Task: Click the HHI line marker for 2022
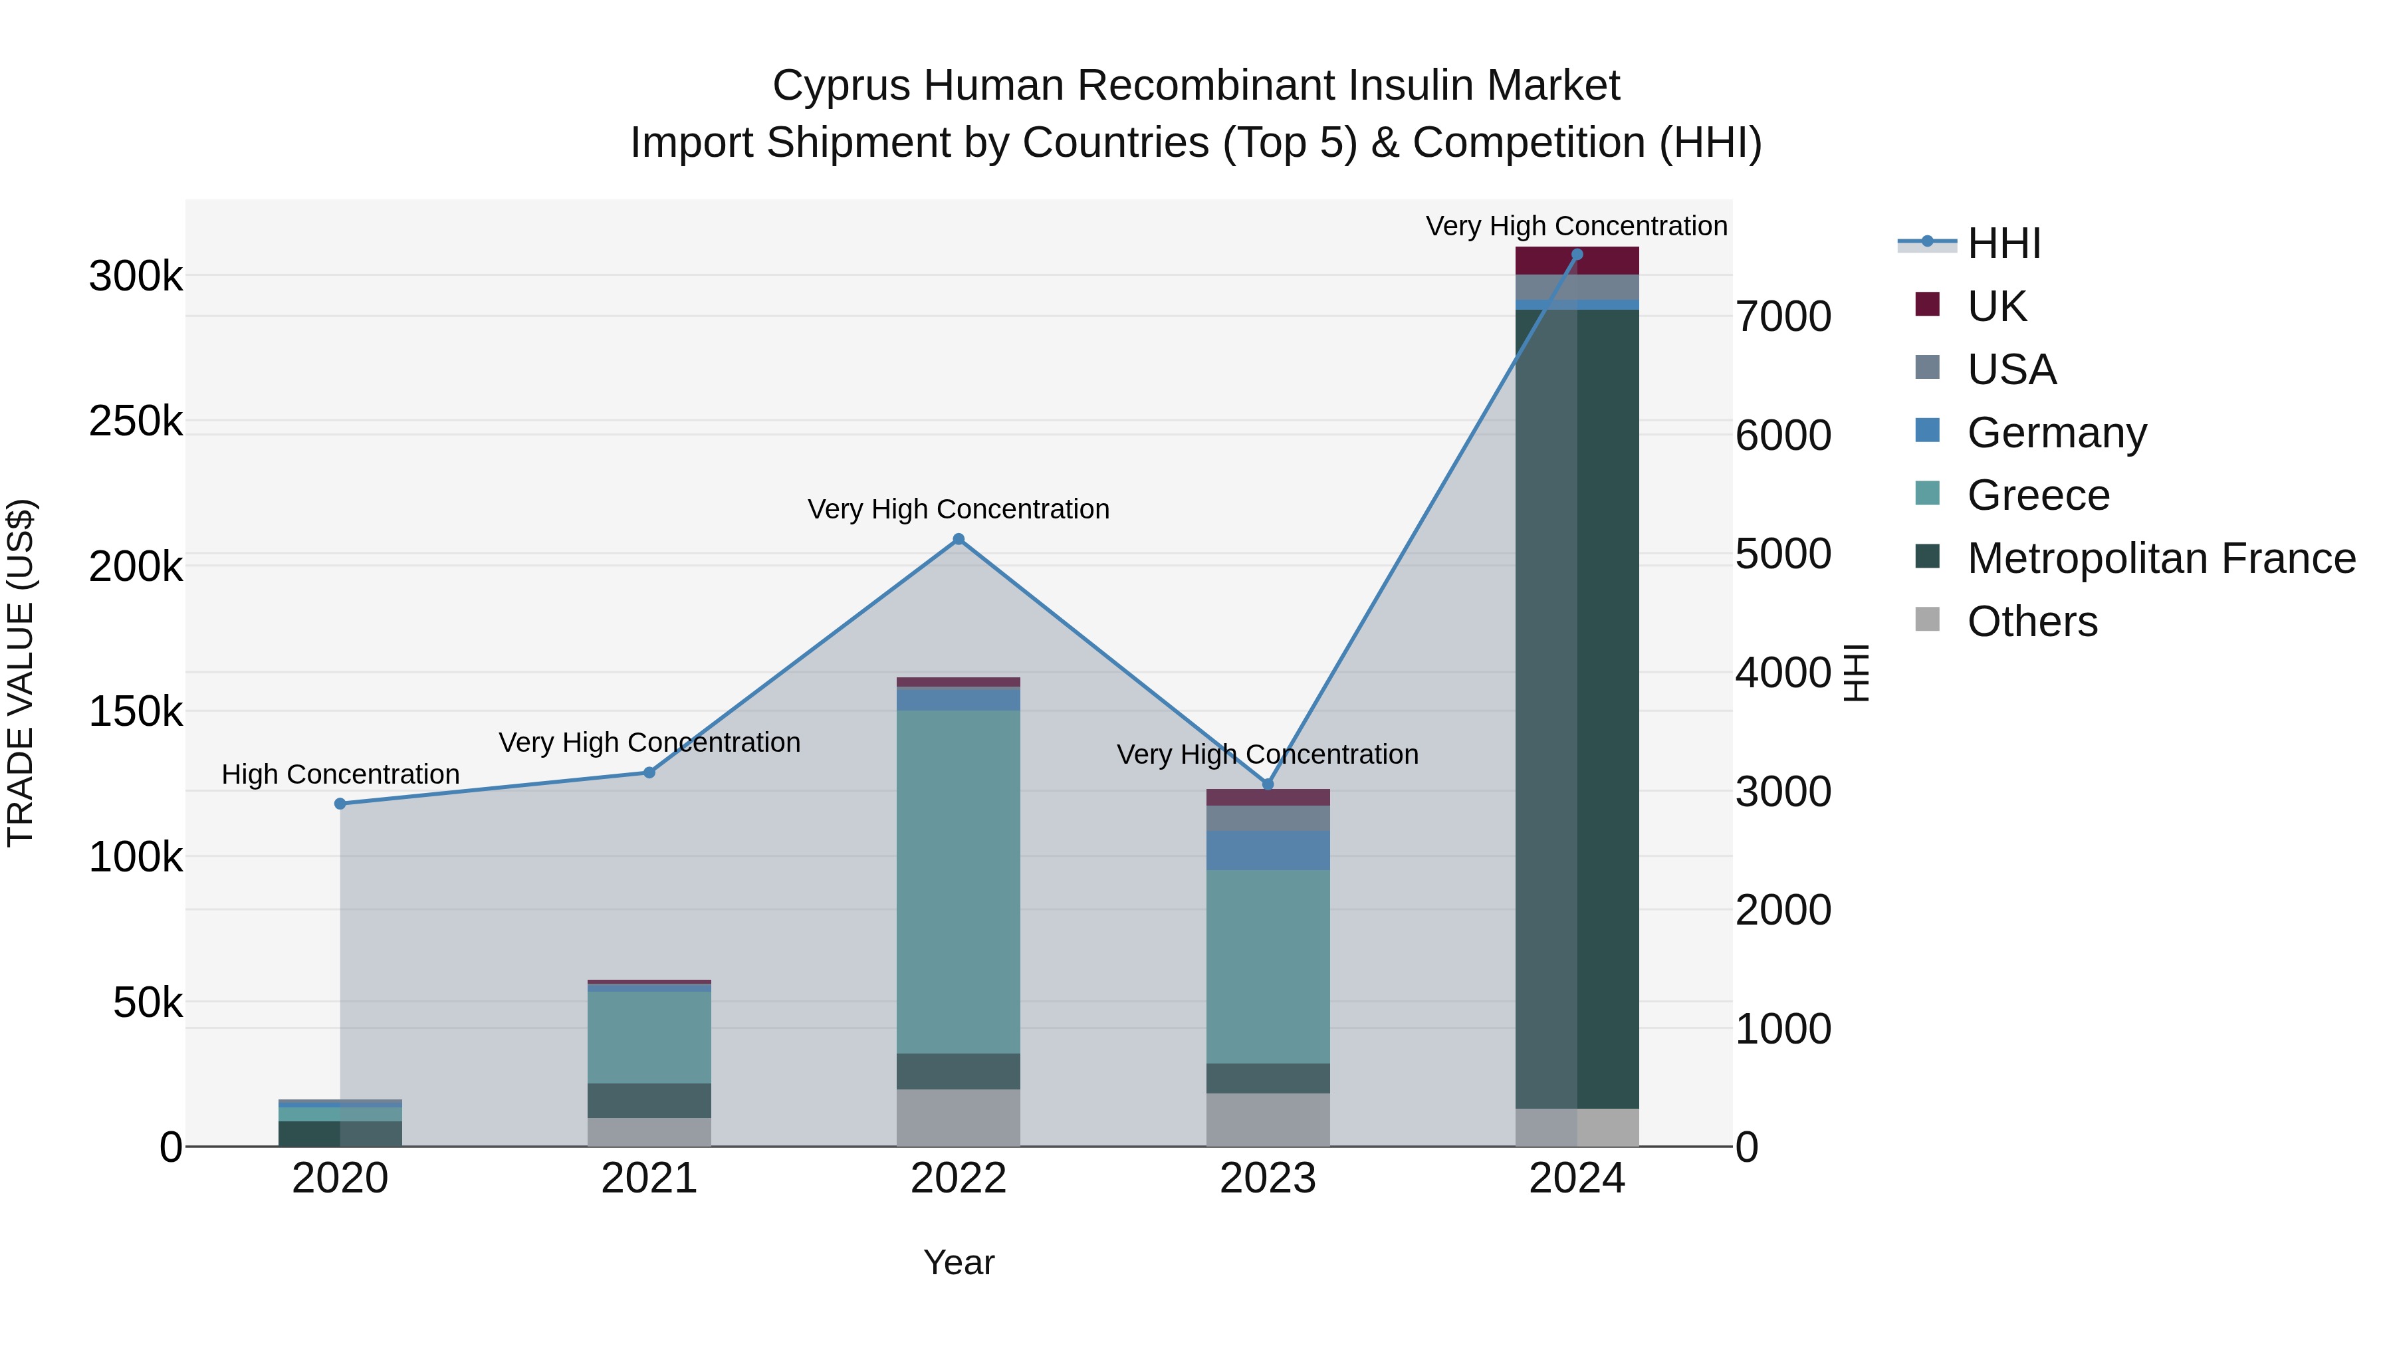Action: tap(959, 539)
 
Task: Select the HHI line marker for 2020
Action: tap(340, 804)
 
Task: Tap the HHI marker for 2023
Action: tap(1268, 784)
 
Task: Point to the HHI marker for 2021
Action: tap(649, 773)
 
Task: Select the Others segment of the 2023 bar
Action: tap(1268, 1119)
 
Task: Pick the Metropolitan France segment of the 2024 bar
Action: tap(1577, 706)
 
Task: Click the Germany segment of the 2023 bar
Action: tap(1268, 850)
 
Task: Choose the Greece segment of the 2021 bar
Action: tap(649, 1037)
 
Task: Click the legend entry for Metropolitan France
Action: tap(2161, 558)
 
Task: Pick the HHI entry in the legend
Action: tap(2003, 243)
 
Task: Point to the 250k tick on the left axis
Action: tap(136, 421)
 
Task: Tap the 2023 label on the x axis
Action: tap(1268, 1178)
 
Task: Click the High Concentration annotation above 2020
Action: tap(340, 774)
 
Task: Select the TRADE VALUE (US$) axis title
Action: tap(21, 673)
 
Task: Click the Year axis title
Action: tap(959, 1262)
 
